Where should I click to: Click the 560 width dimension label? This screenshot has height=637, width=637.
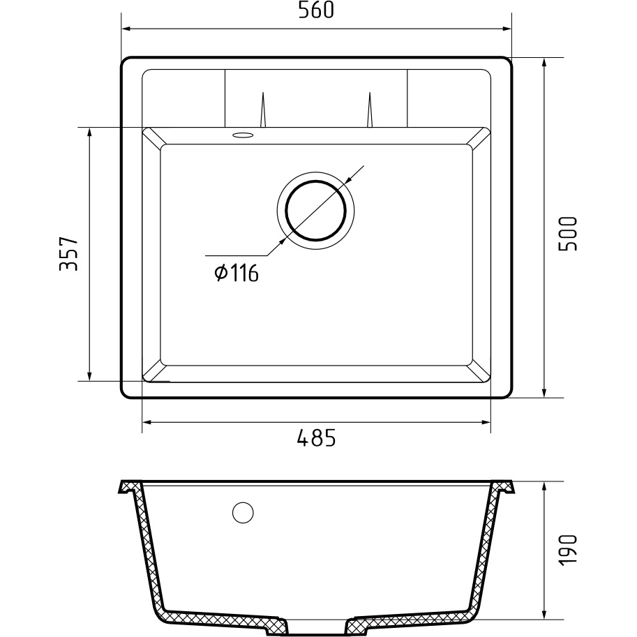[316, 10]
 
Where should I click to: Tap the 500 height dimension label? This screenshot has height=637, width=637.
[567, 234]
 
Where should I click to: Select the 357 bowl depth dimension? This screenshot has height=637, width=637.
[68, 254]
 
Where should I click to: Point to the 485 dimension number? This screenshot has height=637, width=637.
[317, 438]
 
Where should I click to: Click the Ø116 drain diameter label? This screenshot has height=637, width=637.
[237, 273]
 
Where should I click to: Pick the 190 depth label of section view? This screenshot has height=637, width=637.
[567, 550]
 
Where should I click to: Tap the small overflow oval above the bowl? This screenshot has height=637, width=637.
[243, 135]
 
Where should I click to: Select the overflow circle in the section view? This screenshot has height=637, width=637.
[243, 512]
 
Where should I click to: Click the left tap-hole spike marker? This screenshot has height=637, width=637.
[263, 110]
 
